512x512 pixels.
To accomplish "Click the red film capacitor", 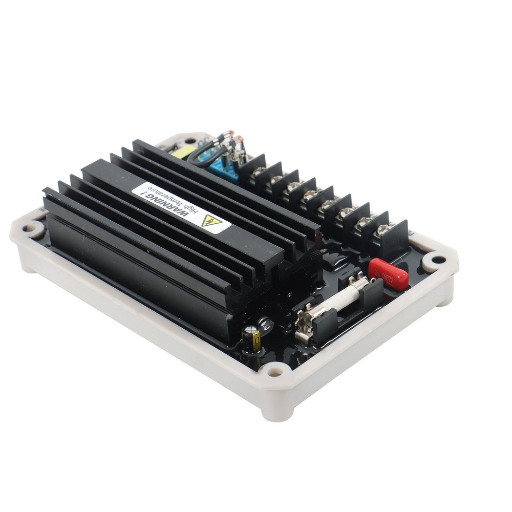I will click(388, 274).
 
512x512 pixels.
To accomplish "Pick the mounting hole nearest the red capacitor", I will click(438, 260).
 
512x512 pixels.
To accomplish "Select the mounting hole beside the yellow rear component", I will click(190, 140).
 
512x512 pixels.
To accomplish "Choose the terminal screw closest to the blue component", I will click(259, 172).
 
